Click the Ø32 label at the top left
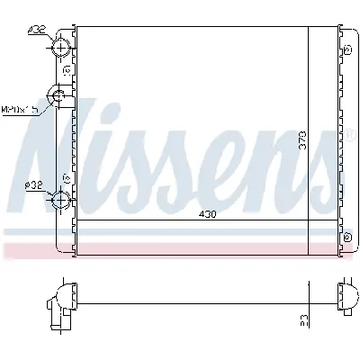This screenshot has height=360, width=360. point(36,30)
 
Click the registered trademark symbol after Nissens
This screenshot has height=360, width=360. point(346,139)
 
